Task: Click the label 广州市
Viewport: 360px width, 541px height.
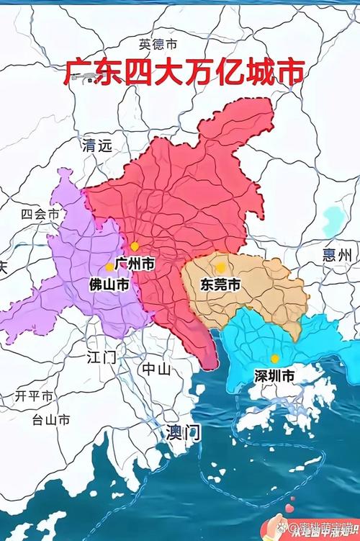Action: pyautogui.click(x=135, y=264)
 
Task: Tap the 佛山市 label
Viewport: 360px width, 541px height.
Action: pyautogui.click(x=109, y=286)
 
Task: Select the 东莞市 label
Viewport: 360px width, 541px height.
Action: pyautogui.click(x=220, y=285)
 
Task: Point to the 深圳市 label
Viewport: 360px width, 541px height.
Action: pyautogui.click(x=274, y=375)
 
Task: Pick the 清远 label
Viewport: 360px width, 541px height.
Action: pyautogui.click(x=98, y=146)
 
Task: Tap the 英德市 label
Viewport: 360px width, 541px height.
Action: pyautogui.click(x=158, y=44)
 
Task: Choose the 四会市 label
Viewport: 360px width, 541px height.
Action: pyautogui.click(x=40, y=214)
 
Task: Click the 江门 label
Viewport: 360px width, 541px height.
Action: pyautogui.click(x=101, y=357)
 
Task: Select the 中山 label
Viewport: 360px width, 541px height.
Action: pyautogui.click(x=156, y=370)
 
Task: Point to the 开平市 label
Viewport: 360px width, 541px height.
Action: pyautogui.click(x=34, y=396)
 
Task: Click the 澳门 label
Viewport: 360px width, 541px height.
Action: pyautogui.click(x=183, y=433)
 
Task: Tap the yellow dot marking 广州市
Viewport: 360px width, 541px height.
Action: pyautogui.click(x=134, y=246)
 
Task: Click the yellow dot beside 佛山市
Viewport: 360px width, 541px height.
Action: pyautogui.click(x=109, y=267)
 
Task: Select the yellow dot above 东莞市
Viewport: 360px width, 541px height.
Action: pyautogui.click(x=220, y=267)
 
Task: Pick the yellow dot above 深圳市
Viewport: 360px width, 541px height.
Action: pyautogui.click(x=274, y=358)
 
